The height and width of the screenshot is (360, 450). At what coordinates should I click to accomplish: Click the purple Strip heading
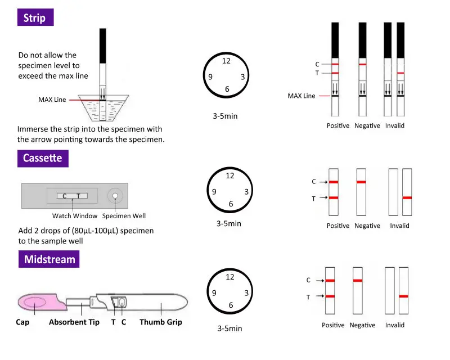[x=35, y=17]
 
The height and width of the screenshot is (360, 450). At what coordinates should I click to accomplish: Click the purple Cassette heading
[x=43, y=158]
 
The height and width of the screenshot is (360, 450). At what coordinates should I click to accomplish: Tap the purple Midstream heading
[x=49, y=259]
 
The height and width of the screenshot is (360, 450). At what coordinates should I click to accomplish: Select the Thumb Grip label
[x=161, y=322]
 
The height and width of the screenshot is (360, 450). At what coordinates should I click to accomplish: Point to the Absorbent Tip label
[x=74, y=322]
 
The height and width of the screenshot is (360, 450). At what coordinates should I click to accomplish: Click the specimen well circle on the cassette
[x=115, y=196]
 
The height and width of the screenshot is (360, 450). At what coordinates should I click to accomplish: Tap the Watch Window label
[x=75, y=216]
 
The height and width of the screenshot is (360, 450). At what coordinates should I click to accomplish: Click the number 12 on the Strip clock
[x=226, y=61]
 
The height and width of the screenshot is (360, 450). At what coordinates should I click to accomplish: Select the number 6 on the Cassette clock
[x=231, y=204]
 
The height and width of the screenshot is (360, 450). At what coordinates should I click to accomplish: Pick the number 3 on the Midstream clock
[x=246, y=293]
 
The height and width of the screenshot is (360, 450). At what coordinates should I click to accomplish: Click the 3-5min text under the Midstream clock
[x=229, y=328]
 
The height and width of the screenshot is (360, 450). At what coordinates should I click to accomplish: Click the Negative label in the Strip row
[x=367, y=126]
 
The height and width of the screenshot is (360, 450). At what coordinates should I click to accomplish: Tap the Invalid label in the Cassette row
[x=399, y=226]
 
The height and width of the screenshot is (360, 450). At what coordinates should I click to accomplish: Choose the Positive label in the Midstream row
[x=333, y=325]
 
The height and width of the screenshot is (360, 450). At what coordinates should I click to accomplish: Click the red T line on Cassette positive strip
[x=334, y=198]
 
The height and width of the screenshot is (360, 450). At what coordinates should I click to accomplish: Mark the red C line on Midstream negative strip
[x=358, y=281]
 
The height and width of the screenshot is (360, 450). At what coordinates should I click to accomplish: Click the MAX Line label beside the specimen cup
[x=52, y=100]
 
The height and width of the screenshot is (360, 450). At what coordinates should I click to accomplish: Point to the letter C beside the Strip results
[x=317, y=64]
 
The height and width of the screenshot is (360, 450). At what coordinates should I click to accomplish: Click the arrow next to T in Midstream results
[x=320, y=296]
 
